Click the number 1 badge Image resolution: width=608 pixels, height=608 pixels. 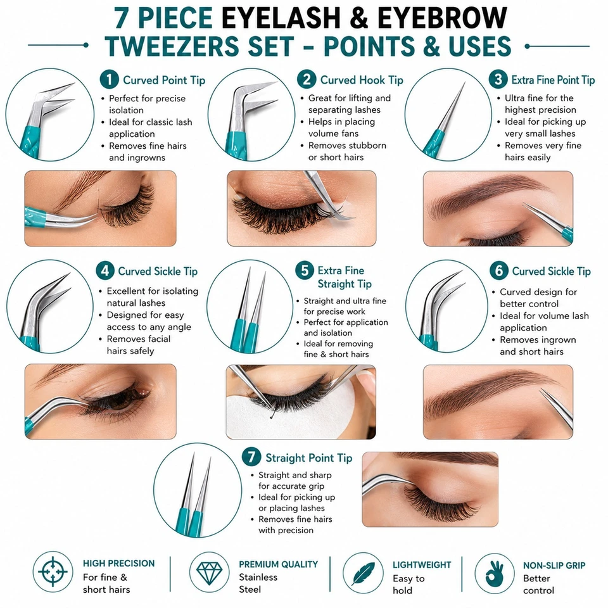(109, 80)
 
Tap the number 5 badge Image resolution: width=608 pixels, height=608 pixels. (305, 270)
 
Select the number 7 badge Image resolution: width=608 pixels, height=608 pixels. (251, 457)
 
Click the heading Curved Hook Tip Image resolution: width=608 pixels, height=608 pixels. (362, 80)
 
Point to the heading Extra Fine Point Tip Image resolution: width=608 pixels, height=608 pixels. (553, 80)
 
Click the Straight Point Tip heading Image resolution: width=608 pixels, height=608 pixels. (308, 458)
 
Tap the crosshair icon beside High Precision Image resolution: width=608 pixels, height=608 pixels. (53, 571)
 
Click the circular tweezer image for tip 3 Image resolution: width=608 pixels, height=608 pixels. (446, 115)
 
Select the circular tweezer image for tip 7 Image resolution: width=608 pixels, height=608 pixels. (198, 490)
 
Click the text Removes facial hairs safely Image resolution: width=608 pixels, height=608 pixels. (139, 345)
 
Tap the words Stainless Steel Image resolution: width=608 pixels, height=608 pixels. (258, 583)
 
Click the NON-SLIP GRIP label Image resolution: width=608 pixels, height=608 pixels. (554, 566)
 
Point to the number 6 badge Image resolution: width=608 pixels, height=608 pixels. (499, 270)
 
